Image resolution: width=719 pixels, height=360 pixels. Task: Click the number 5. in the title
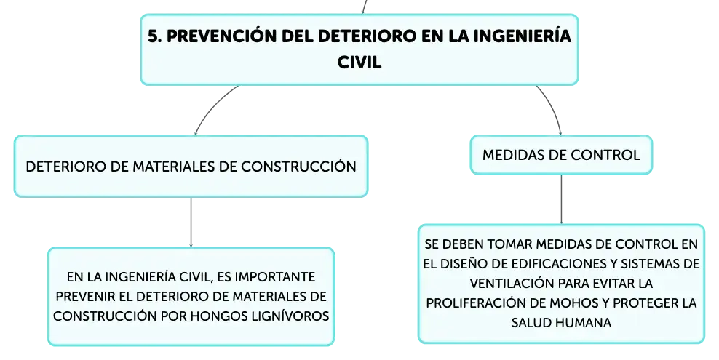click(x=155, y=36)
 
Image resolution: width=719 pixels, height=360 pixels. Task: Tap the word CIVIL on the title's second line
click(x=359, y=63)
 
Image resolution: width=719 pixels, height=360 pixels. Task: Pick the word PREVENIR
click(x=85, y=297)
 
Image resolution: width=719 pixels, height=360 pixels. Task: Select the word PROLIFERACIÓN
click(x=480, y=303)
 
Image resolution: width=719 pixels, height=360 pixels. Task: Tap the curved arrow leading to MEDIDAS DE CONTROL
click(x=552, y=108)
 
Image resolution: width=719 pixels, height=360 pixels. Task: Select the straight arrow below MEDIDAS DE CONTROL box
click(x=561, y=199)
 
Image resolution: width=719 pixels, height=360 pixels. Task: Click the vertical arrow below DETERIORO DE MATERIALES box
click(x=191, y=222)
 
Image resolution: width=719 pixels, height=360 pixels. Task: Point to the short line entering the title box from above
click(x=364, y=7)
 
